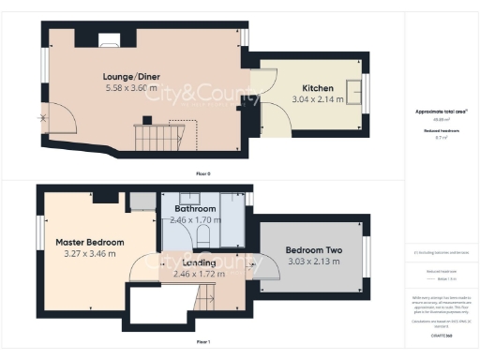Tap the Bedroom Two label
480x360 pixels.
pos(313,250)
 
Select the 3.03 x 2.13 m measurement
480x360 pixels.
pos(313,262)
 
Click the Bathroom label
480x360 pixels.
pos(195,208)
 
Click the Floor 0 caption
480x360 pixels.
pos(202,174)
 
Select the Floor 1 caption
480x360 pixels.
pos(202,343)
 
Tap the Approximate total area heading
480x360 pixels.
pos(441,112)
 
